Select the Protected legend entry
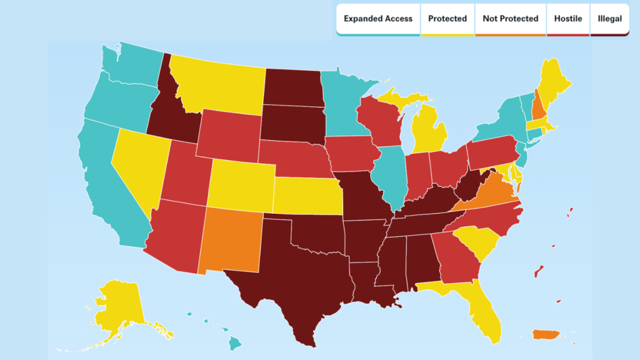tap(447, 19)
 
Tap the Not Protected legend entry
tap(510, 19)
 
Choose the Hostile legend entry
tap(568, 19)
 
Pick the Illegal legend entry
tap(609, 19)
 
